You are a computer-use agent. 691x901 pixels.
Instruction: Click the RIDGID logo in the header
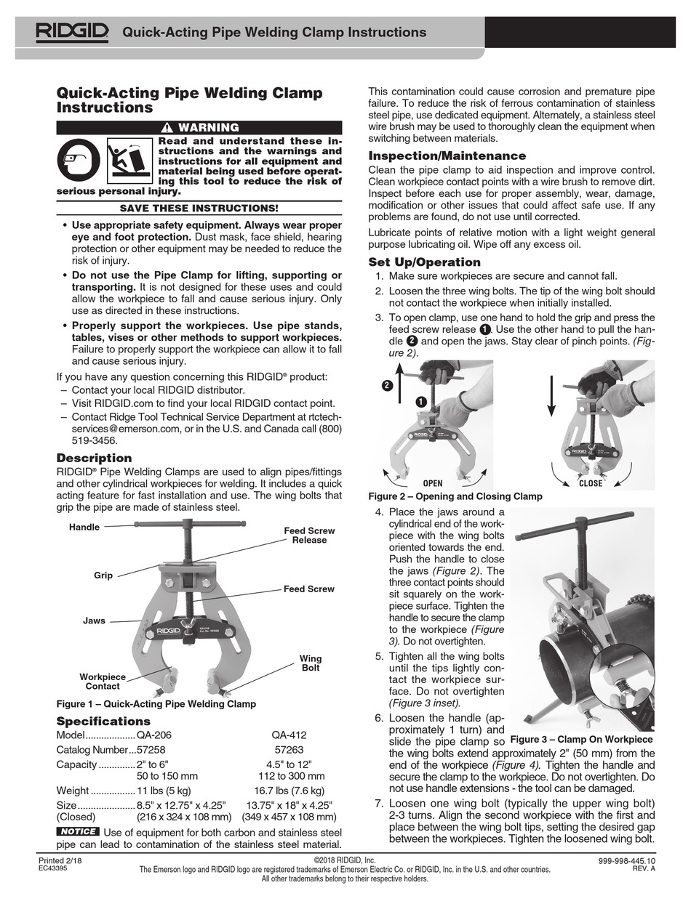click(73, 31)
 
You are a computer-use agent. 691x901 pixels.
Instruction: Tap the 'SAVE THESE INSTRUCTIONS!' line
click(199, 209)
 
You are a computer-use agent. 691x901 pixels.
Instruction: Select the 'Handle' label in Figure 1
click(84, 527)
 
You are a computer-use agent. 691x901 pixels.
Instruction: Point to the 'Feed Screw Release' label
click(309, 536)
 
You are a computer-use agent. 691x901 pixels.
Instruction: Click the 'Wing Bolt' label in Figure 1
click(310, 663)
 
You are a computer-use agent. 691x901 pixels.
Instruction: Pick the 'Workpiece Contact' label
click(103, 682)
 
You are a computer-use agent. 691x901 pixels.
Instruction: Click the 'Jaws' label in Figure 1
click(94, 621)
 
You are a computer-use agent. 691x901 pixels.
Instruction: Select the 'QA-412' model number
click(289, 735)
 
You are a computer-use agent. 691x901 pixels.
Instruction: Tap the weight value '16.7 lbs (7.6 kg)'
click(289, 791)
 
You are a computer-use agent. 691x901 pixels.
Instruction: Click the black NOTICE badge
click(78, 831)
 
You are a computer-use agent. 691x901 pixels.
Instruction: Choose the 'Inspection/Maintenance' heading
click(447, 155)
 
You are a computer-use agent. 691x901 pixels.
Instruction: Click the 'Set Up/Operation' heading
click(424, 262)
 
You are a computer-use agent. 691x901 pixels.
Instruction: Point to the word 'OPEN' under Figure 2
click(432, 483)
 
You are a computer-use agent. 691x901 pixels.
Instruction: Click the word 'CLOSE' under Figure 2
click(590, 483)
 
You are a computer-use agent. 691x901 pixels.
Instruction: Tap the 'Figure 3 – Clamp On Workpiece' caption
click(581, 740)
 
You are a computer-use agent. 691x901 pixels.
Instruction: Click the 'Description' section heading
click(95, 458)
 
